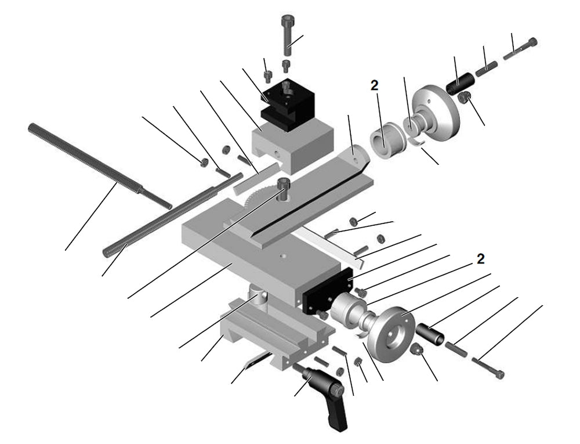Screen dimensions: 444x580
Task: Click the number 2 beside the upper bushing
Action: [374, 85]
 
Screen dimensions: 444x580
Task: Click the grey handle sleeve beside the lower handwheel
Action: [431, 333]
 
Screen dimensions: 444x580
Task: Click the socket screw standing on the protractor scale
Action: [283, 189]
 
